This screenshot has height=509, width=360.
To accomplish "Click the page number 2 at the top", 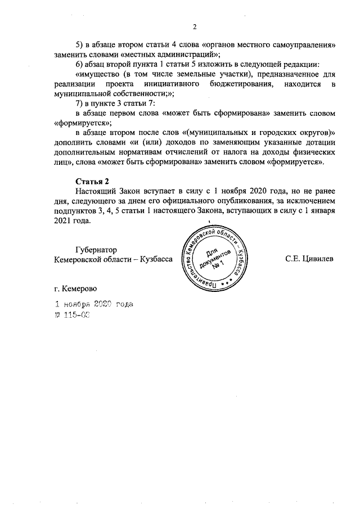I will click(195, 26).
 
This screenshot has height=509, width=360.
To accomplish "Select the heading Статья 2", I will click(92, 181).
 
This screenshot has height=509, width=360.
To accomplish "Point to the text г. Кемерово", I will click(75, 289).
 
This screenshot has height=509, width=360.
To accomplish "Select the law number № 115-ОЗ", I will click(71, 316).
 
